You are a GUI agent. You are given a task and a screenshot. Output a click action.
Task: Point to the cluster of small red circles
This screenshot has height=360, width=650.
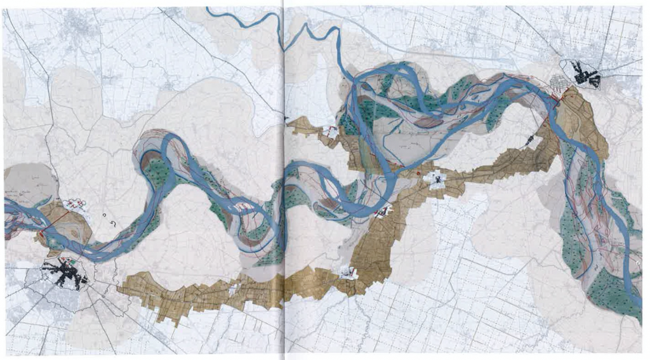click(x=76, y=204)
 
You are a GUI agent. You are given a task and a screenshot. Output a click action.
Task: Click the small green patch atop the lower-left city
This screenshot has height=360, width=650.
click(x=77, y=261)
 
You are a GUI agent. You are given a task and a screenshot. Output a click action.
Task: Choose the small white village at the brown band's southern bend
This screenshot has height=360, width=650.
click(x=348, y=273)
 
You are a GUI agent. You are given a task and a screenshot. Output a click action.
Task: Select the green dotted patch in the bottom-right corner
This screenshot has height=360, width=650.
click(x=609, y=295)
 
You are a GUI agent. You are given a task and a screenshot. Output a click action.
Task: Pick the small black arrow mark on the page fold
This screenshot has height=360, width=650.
click(x=286, y=119)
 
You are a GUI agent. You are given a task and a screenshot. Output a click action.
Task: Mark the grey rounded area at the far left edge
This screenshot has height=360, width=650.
click(x=19, y=181)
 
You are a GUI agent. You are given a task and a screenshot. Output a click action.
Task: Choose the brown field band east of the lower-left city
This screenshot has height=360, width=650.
click(x=190, y=292)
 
